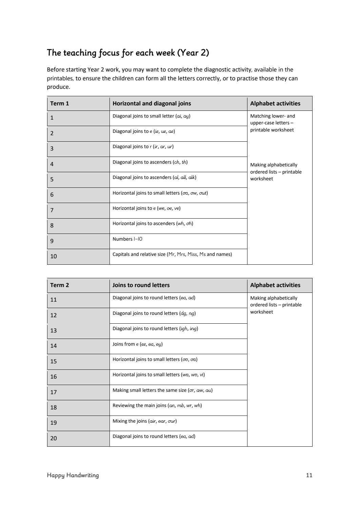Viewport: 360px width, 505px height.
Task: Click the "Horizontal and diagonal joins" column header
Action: pos(152,103)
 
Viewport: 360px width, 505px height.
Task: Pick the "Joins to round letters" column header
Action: pos(141,285)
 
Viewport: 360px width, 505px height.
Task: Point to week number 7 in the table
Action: pos(52,210)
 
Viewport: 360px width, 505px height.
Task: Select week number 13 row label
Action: pos(54,330)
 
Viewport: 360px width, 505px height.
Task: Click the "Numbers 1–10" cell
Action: pos(127,239)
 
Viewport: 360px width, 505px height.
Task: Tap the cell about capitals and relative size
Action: pos(172,254)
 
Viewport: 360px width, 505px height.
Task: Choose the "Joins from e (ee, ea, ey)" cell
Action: pos(138,344)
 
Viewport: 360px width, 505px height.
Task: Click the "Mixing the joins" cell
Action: pos(145,421)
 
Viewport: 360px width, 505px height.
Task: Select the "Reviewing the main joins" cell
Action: pos(157,405)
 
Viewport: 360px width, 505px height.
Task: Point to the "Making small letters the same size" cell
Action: pos(163,390)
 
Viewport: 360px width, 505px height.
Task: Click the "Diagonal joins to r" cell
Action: pos(143,146)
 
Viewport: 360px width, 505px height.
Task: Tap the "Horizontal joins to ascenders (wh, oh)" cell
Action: pos(153,223)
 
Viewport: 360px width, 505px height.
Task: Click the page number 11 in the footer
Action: pos(309,475)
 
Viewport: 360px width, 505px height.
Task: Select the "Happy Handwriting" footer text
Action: pos(73,475)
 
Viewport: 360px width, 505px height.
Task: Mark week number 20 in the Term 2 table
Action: pos(54,438)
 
